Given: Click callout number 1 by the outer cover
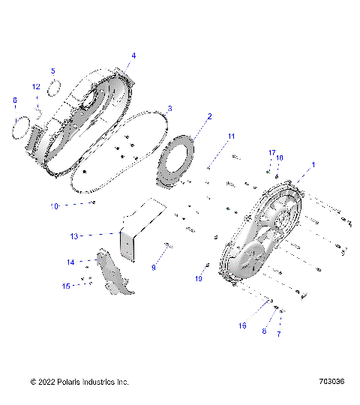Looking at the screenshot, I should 313,164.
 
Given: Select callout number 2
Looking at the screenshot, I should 209,116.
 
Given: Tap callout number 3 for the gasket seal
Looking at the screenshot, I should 169,108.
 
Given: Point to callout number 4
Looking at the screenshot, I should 133,55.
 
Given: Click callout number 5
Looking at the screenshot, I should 53,71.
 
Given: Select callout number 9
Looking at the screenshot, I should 154,267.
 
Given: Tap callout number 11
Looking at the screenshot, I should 232,136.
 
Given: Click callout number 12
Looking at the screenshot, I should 35,87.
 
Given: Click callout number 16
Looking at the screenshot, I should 241,325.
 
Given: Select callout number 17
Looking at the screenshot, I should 272,153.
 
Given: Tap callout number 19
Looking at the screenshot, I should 199,278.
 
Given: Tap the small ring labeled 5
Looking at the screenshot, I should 53,88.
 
